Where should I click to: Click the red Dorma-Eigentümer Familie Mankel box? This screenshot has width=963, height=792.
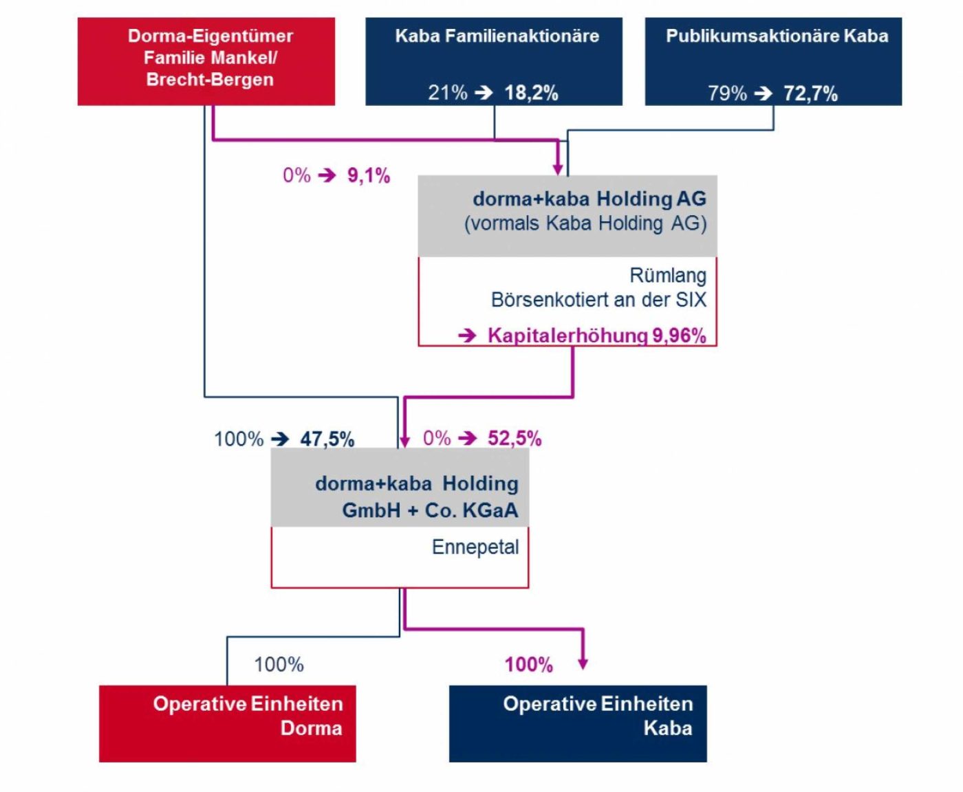click(206, 61)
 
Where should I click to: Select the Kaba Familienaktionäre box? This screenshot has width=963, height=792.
click(493, 61)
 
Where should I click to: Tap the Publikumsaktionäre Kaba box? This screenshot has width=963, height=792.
click(773, 61)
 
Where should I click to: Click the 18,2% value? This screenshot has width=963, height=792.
click(531, 93)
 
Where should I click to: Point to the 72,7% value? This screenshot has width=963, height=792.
click(810, 93)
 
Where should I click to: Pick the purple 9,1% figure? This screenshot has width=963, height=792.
click(369, 175)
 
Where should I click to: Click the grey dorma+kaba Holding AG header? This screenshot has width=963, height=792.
click(567, 215)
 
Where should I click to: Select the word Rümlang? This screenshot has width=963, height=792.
click(667, 275)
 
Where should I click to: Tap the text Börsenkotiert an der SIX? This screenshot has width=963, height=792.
click(598, 300)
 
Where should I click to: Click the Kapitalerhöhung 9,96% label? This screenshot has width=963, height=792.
click(596, 335)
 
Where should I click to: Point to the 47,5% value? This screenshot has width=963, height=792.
click(327, 439)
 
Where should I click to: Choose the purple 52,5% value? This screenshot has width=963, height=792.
click(515, 438)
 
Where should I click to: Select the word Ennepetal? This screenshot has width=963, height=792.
click(475, 547)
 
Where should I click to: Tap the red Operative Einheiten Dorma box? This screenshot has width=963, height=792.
click(227, 723)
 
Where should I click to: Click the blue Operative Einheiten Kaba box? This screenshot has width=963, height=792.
click(577, 723)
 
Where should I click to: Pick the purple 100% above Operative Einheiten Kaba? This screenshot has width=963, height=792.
click(528, 664)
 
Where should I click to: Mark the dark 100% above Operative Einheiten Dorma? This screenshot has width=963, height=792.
click(279, 664)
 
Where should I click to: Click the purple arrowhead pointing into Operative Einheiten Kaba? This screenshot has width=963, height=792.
click(583, 663)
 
